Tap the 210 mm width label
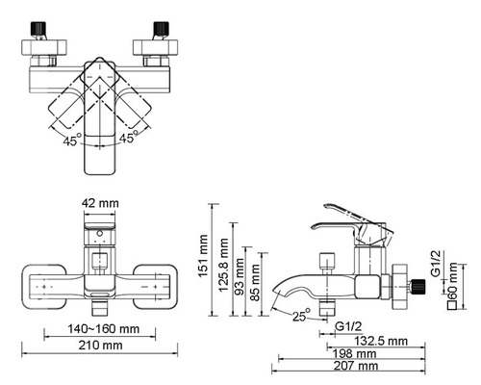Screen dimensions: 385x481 (98, 346)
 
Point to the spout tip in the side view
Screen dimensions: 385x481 (277, 292)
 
